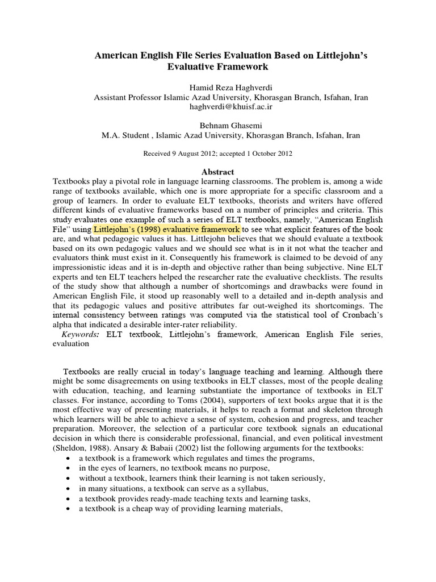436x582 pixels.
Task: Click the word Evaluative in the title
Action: [x=190, y=66]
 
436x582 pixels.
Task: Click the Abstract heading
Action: [x=218, y=172]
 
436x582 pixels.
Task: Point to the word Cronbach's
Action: [x=359, y=315]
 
